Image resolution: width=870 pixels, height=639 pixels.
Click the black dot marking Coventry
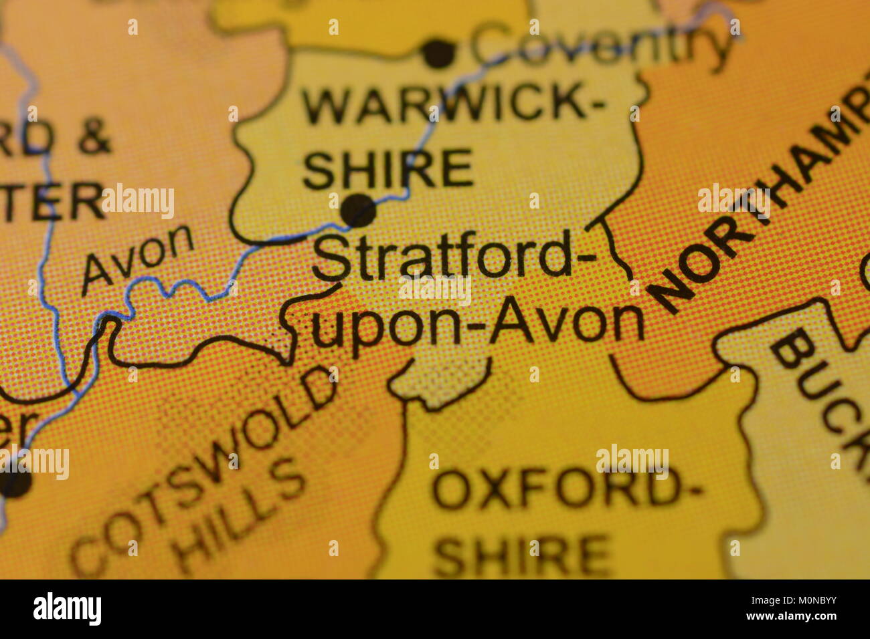coord(439,53)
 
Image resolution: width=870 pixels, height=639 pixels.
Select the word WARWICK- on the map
coord(452,106)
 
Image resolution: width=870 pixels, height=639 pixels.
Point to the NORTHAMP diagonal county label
coord(756,207)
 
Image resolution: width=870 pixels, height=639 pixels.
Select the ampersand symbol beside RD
coord(94,138)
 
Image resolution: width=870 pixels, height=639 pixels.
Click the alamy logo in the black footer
coord(67,609)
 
